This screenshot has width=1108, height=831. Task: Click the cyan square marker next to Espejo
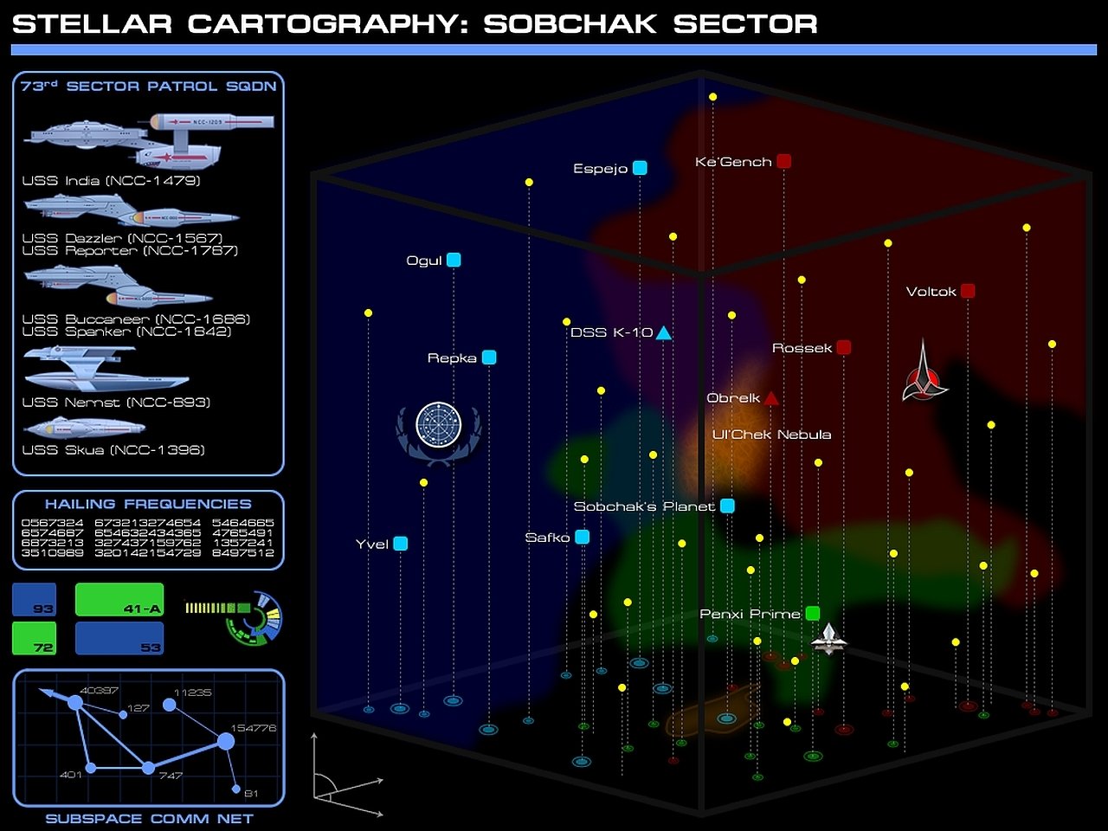pos(640,168)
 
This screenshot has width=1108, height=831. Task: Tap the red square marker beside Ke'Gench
pos(783,161)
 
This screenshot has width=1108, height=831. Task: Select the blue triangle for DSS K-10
pos(663,333)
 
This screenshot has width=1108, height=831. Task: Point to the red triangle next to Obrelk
pos(770,399)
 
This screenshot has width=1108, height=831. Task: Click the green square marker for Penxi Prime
pos(812,614)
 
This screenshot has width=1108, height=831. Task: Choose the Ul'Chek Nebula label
pos(771,435)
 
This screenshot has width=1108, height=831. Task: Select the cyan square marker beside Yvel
pos(400,544)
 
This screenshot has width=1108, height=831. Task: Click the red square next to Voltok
pos(968,291)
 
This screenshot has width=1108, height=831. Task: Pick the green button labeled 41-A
pos(119,599)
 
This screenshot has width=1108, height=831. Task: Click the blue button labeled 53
pos(119,638)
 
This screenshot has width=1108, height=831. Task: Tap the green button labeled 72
pos(35,638)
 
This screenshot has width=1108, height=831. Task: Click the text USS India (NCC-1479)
pos(111,181)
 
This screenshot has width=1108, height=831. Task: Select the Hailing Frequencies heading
pos(148,504)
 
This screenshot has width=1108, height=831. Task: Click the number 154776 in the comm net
pos(253,728)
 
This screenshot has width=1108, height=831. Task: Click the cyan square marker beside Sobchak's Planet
pos(727,506)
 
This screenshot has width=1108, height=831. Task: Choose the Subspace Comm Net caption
pos(149,819)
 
